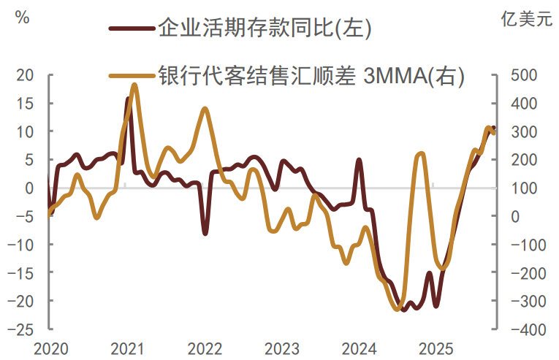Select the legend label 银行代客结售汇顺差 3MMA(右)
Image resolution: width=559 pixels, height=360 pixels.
click(x=311, y=75)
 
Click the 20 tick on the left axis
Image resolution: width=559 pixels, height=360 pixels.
click(x=26, y=75)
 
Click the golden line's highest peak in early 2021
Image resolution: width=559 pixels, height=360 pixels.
click(x=134, y=85)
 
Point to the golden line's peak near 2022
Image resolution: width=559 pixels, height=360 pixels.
click(x=205, y=109)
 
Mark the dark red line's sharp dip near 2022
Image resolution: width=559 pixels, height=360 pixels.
click(x=205, y=233)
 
